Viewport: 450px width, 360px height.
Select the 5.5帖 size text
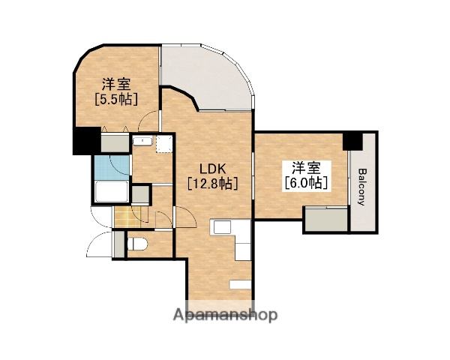[x=115, y=98]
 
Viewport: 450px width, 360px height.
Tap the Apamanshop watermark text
[x=226, y=315]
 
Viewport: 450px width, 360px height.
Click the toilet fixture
[x=139, y=244]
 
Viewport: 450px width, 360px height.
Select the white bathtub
[x=112, y=193]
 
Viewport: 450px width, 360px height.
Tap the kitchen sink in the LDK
[x=223, y=227]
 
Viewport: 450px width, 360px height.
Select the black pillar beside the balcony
[x=351, y=140]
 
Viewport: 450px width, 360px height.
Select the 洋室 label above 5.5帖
[x=115, y=83]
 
